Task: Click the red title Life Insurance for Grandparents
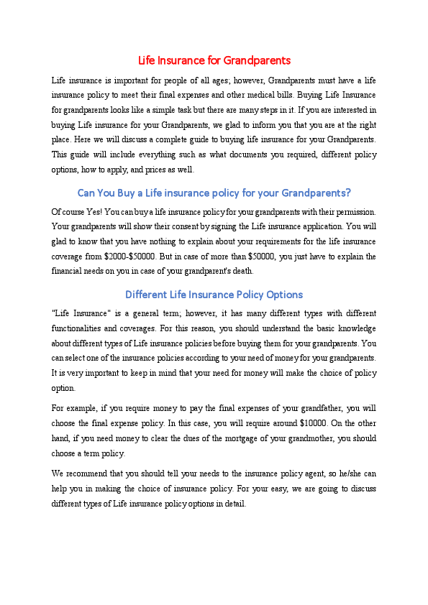(x=214, y=60)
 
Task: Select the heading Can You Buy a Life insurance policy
(x=214, y=193)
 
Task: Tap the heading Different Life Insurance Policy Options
(x=214, y=295)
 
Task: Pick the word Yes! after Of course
(x=92, y=211)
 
